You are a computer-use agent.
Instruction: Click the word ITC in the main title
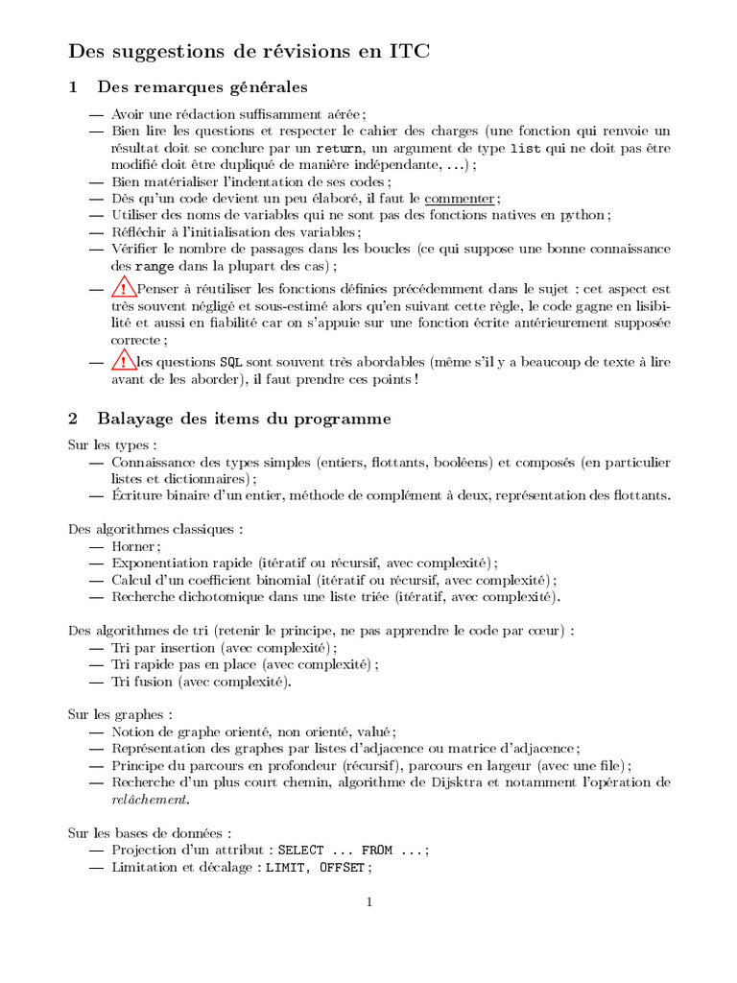click(x=408, y=52)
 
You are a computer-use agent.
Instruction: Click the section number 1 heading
click(x=73, y=87)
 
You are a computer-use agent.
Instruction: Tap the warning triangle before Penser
click(x=124, y=287)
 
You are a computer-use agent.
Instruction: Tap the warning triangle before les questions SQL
click(x=124, y=361)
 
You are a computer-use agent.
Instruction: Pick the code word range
click(x=155, y=266)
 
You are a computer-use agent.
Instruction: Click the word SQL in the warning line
click(x=231, y=363)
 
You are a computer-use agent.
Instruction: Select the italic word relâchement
click(x=150, y=800)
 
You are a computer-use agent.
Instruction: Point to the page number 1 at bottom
click(x=368, y=902)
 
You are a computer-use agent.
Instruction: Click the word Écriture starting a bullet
click(x=137, y=495)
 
